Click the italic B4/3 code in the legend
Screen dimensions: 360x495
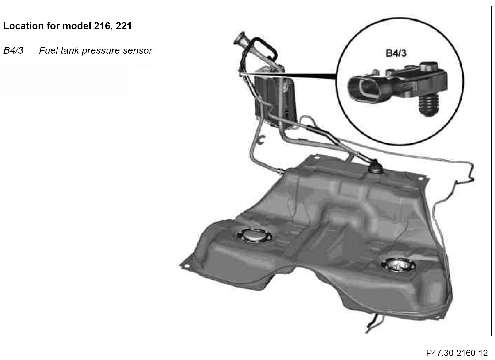point(13,50)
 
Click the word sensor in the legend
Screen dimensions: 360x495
point(137,50)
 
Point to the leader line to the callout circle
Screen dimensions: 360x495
point(289,75)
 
